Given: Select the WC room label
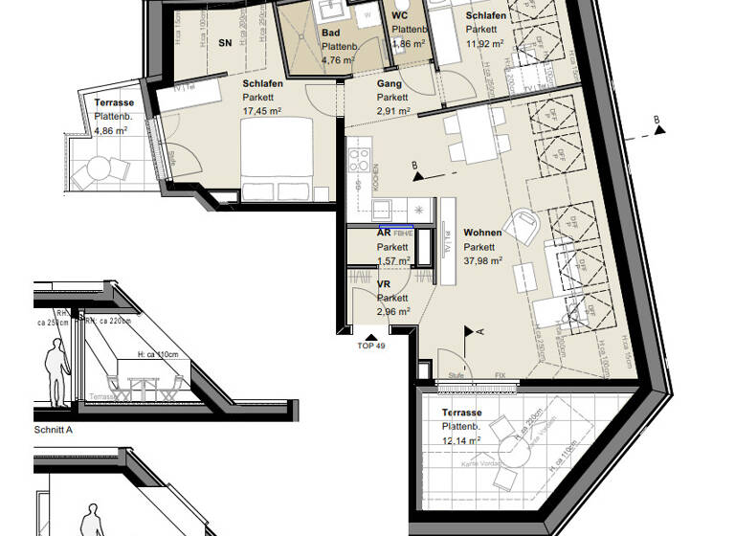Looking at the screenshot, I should coord(400,16).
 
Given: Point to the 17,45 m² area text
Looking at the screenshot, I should coord(262,110).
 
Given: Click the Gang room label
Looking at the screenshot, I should coord(388,84).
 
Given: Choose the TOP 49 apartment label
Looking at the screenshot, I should coord(372,345).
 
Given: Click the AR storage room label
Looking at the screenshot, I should coord(383,233).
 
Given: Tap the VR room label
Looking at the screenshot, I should coord(383,285).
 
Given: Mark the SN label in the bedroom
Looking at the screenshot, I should coord(225,43).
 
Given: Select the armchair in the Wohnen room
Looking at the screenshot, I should coord(523,226).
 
